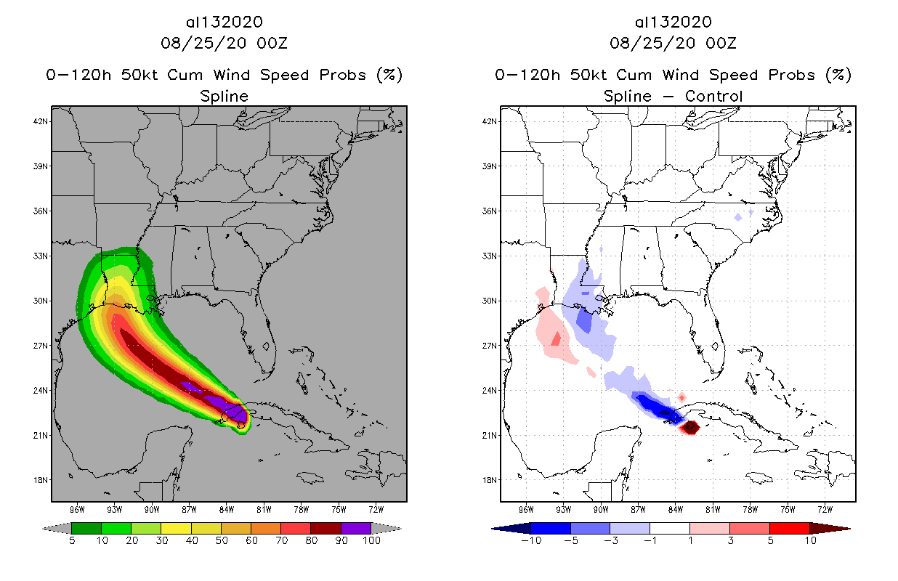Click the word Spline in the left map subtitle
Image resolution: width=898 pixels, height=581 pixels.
coord(224,96)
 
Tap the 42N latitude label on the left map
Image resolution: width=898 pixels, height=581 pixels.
coord(41,121)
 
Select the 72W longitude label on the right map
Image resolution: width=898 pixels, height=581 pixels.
coord(825,508)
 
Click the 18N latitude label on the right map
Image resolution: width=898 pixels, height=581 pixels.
coord(490,480)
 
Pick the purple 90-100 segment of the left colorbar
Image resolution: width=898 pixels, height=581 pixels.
coord(356,528)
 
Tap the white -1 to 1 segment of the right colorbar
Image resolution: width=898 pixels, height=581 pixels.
coord(670,528)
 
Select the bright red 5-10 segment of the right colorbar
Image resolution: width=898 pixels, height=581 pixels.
coord(789,528)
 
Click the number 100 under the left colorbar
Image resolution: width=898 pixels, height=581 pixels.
coord(372,541)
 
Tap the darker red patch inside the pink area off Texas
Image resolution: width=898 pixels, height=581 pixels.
coord(556,339)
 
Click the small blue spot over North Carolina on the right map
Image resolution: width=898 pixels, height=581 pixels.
coord(738,216)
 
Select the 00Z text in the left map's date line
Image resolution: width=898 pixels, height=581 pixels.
coord(272,43)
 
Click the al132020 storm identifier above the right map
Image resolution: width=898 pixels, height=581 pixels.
coord(673,22)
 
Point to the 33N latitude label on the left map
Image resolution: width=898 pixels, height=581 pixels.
coord(41,256)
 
